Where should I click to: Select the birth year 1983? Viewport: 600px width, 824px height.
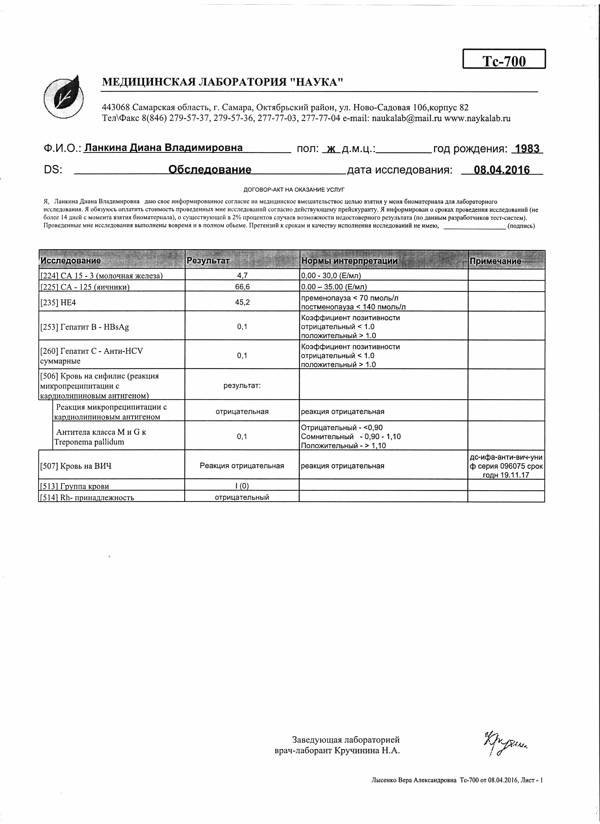527,149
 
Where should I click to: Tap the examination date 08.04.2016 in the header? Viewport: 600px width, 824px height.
502,170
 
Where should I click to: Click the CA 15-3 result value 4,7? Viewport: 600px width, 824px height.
242,275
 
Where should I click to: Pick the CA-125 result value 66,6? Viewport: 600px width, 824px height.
242,287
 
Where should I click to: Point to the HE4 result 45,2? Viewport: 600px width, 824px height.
242,302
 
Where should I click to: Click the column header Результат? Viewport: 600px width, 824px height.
208,261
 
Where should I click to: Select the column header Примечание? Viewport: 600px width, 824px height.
495,261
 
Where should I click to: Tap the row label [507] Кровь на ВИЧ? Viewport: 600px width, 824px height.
76,466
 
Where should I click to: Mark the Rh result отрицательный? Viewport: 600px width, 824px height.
242,497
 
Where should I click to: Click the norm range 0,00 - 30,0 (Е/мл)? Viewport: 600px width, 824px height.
331,275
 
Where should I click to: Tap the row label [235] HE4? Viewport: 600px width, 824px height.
58,302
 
